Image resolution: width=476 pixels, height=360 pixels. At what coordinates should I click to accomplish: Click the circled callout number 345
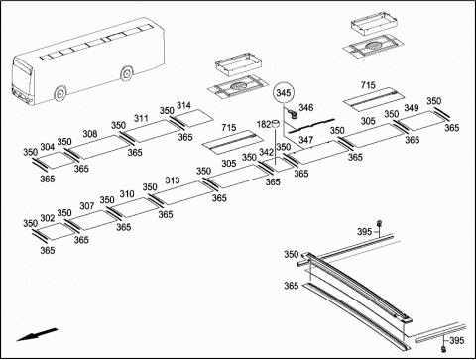coord(284,93)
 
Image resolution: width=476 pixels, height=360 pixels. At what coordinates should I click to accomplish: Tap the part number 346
coord(306,108)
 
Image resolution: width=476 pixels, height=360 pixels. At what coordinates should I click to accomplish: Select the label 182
coord(264,125)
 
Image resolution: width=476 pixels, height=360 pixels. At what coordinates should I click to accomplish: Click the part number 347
coord(306,140)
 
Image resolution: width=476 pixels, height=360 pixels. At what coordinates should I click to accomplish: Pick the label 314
coord(183,105)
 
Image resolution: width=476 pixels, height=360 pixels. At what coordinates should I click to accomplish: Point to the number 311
coord(141,118)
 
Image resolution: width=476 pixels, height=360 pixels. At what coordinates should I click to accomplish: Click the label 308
coord(90,134)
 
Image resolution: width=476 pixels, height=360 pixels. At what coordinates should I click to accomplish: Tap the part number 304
coord(48,147)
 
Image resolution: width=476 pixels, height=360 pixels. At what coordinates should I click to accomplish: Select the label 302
coord(48,218)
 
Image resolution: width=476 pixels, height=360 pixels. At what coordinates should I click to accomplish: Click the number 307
coord(87,206)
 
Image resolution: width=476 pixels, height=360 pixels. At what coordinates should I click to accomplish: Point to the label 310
coord(127,194)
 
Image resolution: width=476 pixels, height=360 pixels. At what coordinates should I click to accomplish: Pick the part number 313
coord(173,180)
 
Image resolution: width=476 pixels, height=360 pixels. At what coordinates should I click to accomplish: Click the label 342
coord(266,152)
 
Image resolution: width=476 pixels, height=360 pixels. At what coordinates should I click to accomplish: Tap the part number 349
coord(412,108)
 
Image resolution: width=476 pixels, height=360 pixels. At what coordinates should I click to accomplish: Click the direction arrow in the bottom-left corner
coord(37,334)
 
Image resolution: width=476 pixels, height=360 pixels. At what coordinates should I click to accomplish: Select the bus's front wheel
coord(60,93)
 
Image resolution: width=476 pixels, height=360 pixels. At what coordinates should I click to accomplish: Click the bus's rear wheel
coord(127,74)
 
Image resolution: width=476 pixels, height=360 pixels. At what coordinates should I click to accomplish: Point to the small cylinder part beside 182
coord(275,124)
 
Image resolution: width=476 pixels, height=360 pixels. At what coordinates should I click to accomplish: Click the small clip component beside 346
coord(293,114)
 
